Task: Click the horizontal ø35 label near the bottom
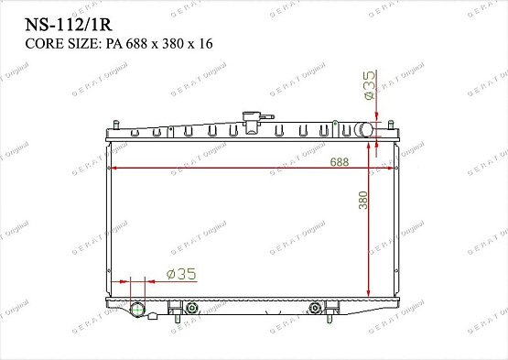click(182, 273)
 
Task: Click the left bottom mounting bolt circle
click(192, 308)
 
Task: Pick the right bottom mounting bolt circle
click(316, 308)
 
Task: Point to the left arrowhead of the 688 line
click(112, 169)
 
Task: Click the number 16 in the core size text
click(208, 43)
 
